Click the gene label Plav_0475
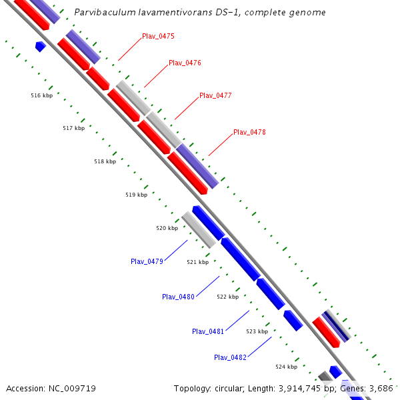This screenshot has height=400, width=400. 158,36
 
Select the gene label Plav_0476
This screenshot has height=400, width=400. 185,63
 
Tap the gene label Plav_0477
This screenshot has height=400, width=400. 215,95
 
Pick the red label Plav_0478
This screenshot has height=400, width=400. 249,132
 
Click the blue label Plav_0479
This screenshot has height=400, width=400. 147,261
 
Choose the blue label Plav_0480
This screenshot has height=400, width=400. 178,297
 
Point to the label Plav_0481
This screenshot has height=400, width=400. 208,331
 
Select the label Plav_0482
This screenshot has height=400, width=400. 230,357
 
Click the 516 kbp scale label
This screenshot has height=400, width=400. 41,95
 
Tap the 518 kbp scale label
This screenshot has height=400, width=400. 105,161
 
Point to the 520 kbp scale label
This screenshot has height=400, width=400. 167,228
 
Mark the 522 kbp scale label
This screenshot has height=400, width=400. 227,297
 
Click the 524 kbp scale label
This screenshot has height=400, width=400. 286,367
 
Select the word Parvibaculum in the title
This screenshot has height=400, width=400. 99,13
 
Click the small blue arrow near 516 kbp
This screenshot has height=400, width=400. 40,46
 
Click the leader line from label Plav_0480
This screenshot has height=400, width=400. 207,286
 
